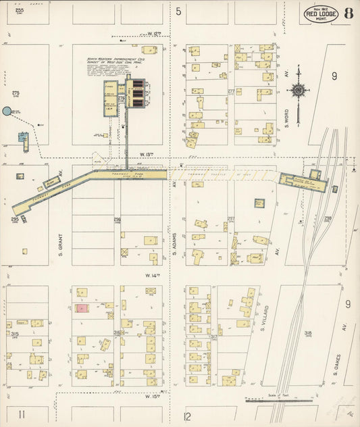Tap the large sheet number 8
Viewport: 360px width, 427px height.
click(348, 14)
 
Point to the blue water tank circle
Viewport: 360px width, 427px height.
click(7, 111)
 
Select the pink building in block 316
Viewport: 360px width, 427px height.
click(82, 309)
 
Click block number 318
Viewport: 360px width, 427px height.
click(308, 333)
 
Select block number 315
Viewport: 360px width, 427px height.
click(14, 334)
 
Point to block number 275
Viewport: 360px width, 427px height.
click(15, 93)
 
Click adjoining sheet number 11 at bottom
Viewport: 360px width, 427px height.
click(22, 413)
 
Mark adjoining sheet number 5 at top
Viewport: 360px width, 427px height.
click(179, 11)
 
